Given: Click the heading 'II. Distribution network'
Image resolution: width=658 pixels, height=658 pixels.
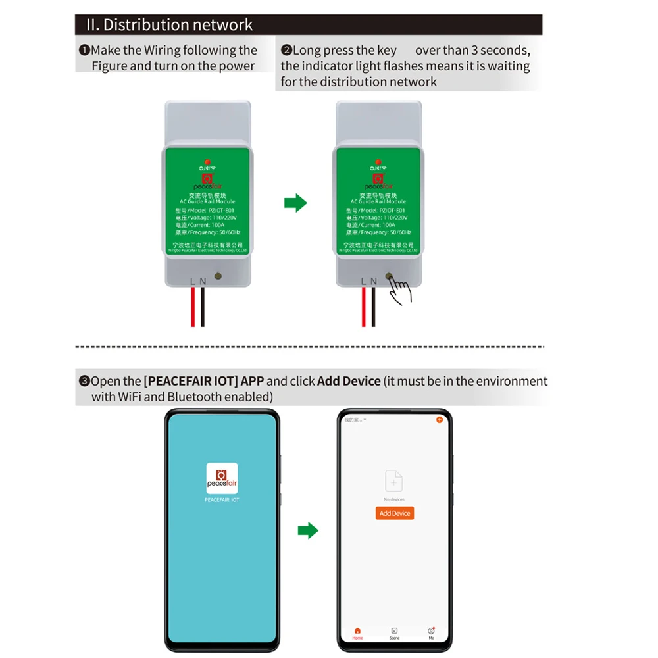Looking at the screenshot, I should pyautogui.click(x=170, y=25).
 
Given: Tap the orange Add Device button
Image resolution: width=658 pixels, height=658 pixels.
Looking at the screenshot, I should pyautogui.click(x=395, y=513).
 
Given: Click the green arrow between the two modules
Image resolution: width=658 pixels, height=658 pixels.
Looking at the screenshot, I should pyautogui.click(x=295, y=203).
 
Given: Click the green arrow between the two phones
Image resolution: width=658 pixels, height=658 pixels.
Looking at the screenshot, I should pyautogui.click(x=307, y=530).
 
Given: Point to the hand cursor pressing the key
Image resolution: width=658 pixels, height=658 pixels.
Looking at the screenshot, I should pyautogui.click(x=399, y=290).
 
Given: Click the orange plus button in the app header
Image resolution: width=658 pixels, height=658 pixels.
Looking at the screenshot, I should pyautogui.click(x=440, y=419).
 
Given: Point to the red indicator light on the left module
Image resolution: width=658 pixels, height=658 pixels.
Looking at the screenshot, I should pyautogui.click(x=207, y=162).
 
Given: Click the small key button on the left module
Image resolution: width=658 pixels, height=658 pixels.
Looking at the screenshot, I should pyautogui.click(x=218, y=277).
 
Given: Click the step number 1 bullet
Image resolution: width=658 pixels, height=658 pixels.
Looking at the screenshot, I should pyautogui.click(x=84, y=51).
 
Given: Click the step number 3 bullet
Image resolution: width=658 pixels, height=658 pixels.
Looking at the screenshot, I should pyautogui.click(x=84, y=381).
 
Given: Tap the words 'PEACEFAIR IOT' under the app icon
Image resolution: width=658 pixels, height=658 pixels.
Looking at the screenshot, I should pyautogui.click(x=222, y=500).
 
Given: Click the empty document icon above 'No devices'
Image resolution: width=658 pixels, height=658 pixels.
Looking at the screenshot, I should pyautogui.click(x=393, y=481).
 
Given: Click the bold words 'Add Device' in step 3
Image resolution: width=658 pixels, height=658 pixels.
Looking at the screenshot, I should pyautogui.click(x=349, y=381).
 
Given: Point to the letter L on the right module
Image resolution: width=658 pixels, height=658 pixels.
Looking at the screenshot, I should pyautogui.click(x=363, y=281).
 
